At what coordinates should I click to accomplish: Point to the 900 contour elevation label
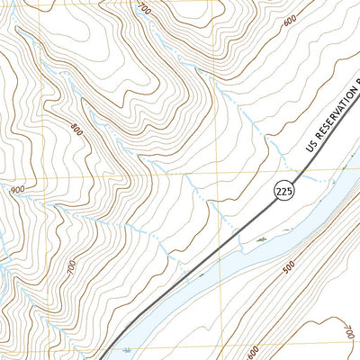[x=16, y=191]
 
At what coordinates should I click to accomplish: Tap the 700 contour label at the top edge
[x=145, y=8]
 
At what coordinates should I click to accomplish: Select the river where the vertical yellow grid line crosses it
[x=216, y=266]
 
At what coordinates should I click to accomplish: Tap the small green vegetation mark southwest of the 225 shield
[x=258, y=241]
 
